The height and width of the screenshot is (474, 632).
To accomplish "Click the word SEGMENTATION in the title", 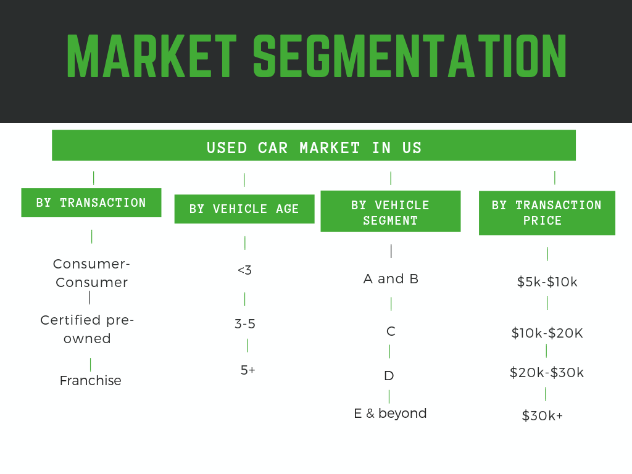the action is (410, 56).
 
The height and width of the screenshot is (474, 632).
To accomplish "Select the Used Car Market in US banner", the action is (314, 145).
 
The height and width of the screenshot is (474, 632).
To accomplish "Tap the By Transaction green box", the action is (91, 202).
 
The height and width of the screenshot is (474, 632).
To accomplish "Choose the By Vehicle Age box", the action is (244, 209).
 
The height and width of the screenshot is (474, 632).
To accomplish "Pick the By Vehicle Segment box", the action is (391, 211).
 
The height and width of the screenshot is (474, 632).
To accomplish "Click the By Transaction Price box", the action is (547, 213).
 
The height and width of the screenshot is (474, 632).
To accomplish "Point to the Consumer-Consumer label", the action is (91, 273).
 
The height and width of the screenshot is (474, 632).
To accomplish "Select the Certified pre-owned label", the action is (87, 329).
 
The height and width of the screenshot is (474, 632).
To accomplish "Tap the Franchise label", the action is (90, 380).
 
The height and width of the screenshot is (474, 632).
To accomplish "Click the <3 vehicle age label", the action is (244, 270).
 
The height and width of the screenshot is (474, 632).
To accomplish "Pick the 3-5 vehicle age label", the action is (245, 323).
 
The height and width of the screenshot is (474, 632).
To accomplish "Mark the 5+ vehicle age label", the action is (248, 370).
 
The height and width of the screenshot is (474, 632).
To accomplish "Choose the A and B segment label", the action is (391, 278).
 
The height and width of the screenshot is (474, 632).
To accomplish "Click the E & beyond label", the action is (390, 414).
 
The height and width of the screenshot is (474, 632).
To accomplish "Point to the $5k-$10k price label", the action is (547, 281).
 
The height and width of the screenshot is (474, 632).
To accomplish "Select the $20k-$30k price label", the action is (547, 372).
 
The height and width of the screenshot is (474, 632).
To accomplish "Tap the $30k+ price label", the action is (542, 415).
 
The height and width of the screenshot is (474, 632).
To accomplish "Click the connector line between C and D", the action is (389, 351).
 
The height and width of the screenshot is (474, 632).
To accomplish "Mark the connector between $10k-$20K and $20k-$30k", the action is (547, 351).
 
